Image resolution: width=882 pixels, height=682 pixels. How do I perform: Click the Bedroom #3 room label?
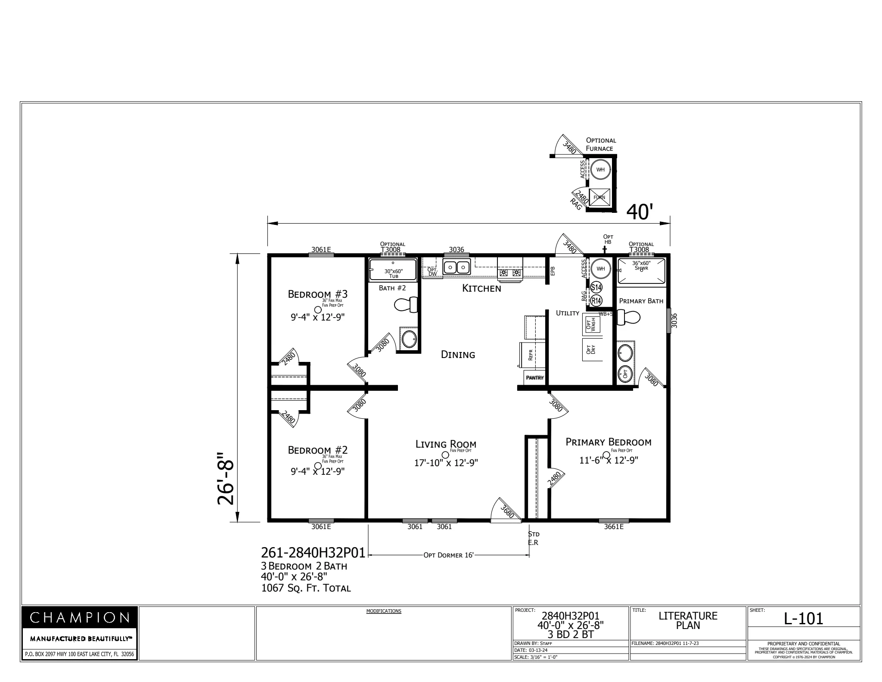point(317,294)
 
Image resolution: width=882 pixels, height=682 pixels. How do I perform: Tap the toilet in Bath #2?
point(406,305)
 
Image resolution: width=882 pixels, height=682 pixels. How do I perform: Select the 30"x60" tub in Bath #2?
point(393,270)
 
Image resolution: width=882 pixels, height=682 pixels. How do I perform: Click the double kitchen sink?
point(457,268)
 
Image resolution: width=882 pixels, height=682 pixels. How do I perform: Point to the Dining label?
point(458,355)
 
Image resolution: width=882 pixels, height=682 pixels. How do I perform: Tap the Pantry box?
point(534,377)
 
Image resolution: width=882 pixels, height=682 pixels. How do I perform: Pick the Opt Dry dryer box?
point(591,349)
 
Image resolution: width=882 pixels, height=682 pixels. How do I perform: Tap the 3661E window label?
point(613,526)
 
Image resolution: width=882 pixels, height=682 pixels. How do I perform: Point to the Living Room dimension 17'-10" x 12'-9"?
point(446,463)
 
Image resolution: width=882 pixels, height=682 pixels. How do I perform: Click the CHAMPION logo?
point(80,618)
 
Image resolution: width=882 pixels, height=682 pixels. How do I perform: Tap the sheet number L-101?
point(803,619)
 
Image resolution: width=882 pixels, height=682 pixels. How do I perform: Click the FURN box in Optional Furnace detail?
point(599,197)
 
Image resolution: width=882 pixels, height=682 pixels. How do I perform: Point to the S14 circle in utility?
point(596,287)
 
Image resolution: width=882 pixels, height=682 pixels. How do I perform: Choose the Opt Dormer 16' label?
point(448,555)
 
